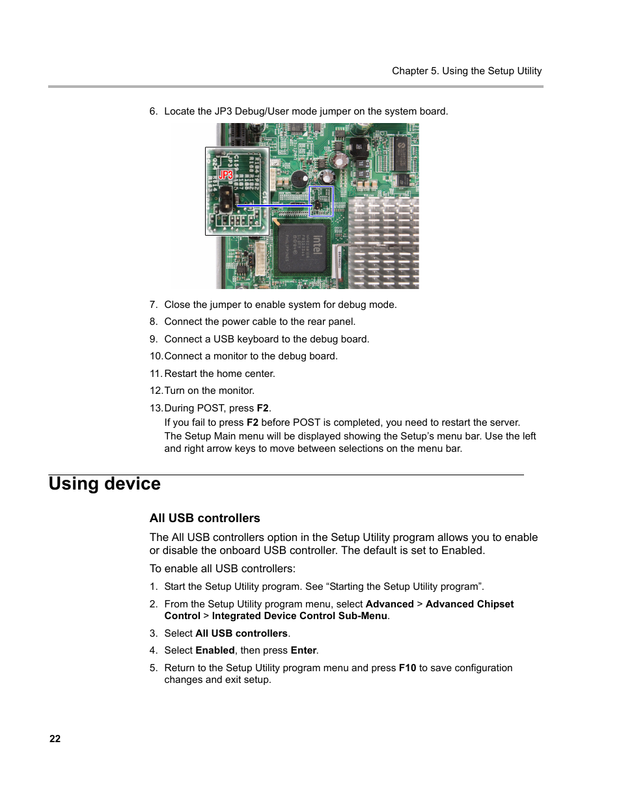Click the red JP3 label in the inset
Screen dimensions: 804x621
click(225, 175)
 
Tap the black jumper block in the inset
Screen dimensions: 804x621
click(226, 200)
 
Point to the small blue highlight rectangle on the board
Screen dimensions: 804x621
click(321, 201)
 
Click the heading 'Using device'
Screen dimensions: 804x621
click(104, 484)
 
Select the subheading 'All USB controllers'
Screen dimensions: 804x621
click(204, 518)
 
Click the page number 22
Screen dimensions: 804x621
click(55, 739)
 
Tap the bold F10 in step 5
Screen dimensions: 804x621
click(407, 668)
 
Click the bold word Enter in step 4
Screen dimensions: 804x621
click(303, 650)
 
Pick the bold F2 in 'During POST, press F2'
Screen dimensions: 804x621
click(262, 408)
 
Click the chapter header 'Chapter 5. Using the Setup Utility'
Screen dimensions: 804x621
click(466, 71)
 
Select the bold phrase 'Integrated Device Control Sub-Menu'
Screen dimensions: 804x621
click(299, 616)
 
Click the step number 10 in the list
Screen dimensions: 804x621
click(156, 356)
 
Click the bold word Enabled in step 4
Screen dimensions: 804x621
click(215, 650)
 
